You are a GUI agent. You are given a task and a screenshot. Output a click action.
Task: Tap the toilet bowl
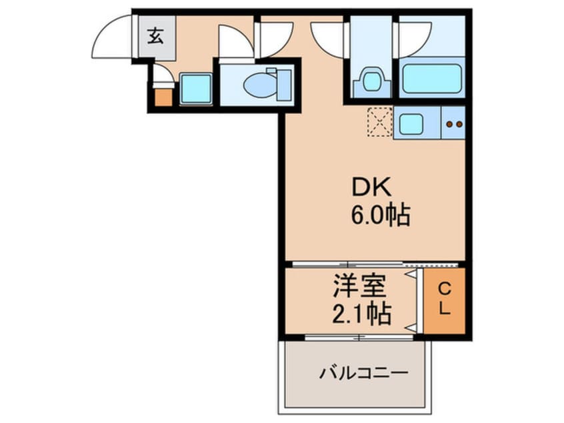click(x=257, y=85)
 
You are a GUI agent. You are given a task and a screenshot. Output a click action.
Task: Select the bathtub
click(x=431, y=79)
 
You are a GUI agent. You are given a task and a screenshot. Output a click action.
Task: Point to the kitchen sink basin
click(x=409, y=123)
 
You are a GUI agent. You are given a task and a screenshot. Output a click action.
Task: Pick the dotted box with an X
click(x=379, y=122)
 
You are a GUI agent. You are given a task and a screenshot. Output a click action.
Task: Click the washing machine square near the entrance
click(x=195, y=89)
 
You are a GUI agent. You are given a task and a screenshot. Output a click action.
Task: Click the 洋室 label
click(x=361, y=289)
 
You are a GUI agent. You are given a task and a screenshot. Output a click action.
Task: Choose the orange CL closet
click(x=444, y=300)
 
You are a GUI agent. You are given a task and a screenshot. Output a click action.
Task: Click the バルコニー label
click(x=363, y=371)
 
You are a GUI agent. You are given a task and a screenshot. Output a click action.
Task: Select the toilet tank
click(x=283, y=83)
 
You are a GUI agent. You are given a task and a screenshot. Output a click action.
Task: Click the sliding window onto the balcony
click(x=359, y=337)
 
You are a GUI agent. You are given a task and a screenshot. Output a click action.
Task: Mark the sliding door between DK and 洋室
click(x=347, y=265)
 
